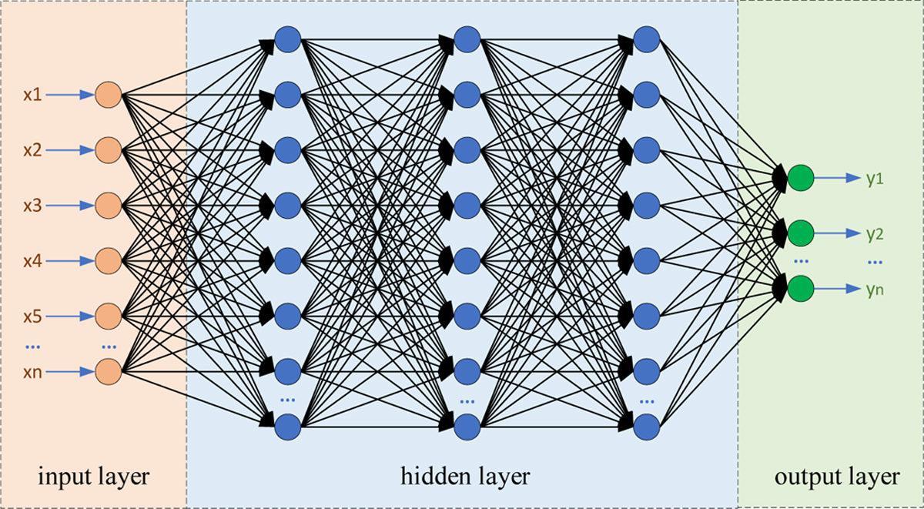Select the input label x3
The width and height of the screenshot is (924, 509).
point(32,206)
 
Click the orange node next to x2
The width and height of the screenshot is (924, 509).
point(109,150)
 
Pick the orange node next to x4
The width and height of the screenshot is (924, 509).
point(109,260)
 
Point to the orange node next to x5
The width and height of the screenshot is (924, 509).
point(109,316)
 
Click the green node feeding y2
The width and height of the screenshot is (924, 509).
point(800,233)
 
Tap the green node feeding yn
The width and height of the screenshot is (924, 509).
point(800,289)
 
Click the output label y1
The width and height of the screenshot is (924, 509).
point(875,179)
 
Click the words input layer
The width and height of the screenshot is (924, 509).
point(93,477)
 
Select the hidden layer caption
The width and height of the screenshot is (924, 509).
point(465,477)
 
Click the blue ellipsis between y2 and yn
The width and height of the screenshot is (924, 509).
point(875,262)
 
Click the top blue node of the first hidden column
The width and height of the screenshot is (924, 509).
point(287,40)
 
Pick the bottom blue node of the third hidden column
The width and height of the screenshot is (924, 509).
point(646,425)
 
